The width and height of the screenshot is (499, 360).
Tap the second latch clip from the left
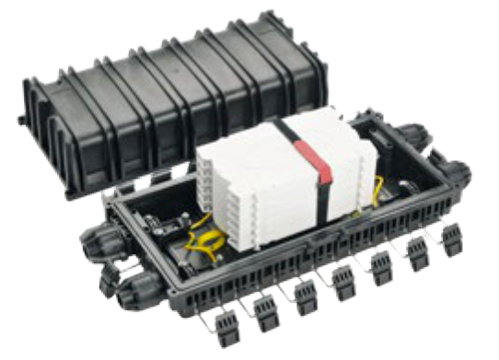(263, 314)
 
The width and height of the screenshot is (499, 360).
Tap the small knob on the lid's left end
(19, 121)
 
